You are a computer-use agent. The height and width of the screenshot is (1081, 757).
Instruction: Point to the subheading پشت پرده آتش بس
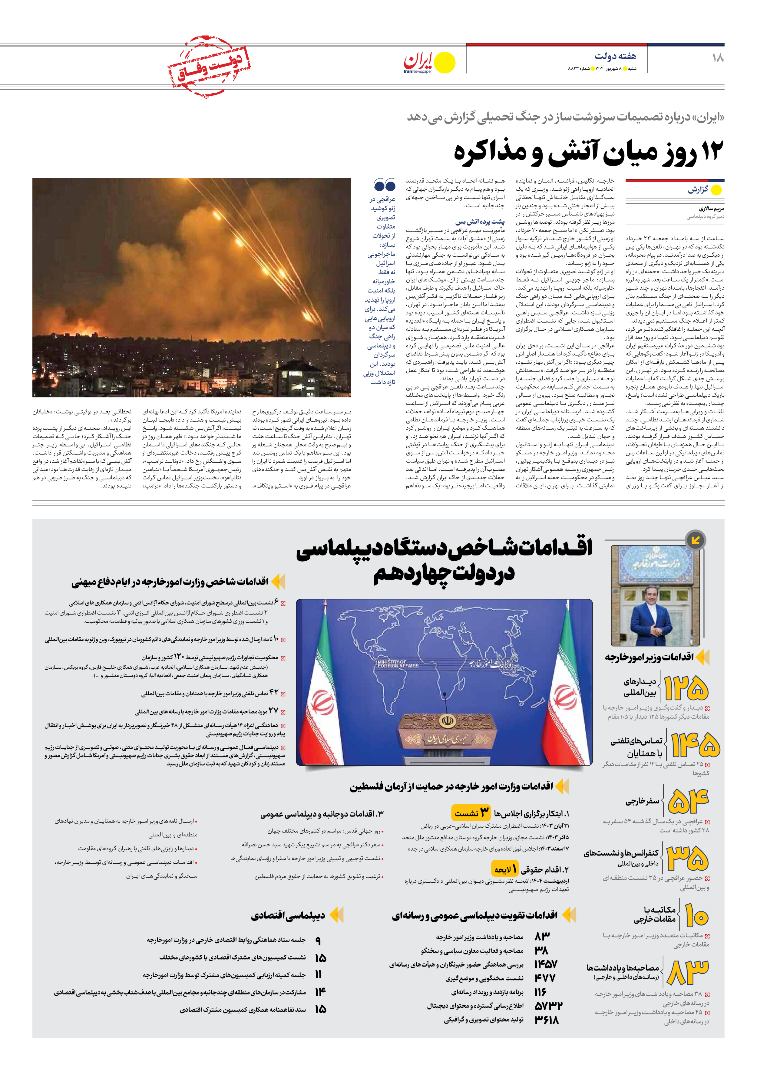pos(480,221)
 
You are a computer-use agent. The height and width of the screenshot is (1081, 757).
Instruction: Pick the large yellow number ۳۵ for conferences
pos(688,858)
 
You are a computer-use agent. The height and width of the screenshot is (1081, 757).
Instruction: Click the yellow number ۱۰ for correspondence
pos(696,916)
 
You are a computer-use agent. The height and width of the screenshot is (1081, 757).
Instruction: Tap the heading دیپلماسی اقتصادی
pos(288,915)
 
